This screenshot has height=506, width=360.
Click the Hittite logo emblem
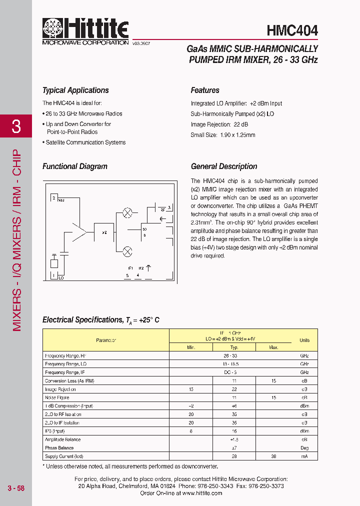click(x=52, y=29)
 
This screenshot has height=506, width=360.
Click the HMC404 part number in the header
click(x=292, y=31)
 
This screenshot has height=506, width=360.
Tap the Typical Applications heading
click(x=75, y=90)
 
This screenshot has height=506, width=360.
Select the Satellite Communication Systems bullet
click(x=85, y=142)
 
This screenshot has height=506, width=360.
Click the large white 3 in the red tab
click(x=16, y=126)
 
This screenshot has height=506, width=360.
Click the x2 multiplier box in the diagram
click(x=104, y=232)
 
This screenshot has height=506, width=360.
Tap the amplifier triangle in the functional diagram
click(x=79, y=232)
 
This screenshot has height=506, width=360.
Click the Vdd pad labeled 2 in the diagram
click(x=54, y=198)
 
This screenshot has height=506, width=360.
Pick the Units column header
click(x=304, y=340)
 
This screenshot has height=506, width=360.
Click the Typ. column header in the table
click(x=234, y=347)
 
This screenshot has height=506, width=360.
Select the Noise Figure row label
click(x=56, y=397)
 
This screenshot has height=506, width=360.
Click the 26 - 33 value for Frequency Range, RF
click(x=234, y=355)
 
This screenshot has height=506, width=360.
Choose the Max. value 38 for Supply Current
click(x=273, y=456)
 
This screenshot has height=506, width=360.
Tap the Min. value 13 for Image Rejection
click(x=190, y=389)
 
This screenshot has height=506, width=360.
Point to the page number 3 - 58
click(x=16, y=488)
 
